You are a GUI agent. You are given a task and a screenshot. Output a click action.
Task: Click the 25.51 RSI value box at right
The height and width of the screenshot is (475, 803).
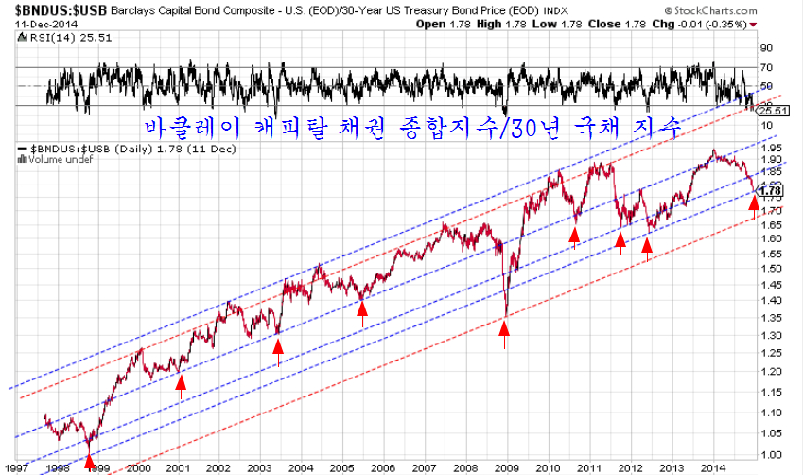pos(774,112)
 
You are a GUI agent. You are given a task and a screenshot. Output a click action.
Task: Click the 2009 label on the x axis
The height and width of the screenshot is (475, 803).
pos(507,467)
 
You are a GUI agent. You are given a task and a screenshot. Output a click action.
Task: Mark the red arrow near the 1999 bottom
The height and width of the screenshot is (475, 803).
pos(90,461)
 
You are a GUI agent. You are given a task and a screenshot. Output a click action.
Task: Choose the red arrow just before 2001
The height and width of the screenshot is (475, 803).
pos(181,381)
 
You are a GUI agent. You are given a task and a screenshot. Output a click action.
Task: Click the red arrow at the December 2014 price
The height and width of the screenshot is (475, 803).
pos(754,201)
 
